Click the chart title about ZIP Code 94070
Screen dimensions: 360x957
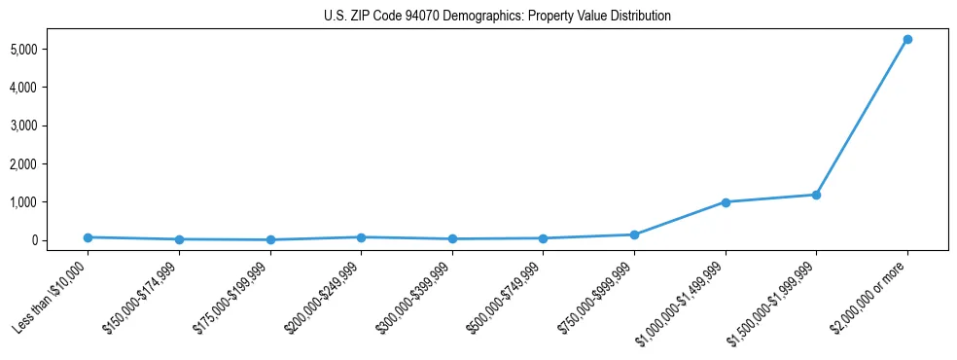point(497,17)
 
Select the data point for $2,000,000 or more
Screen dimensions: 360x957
point(906,39)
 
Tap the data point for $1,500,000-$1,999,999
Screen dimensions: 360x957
point(816,195)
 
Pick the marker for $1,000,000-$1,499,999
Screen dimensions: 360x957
point(725,202)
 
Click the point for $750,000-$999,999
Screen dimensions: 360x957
point(634,234)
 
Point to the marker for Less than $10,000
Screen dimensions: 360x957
point(88,237)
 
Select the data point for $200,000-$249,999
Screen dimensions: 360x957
point(361,237)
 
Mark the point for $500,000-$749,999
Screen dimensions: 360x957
point(543,238)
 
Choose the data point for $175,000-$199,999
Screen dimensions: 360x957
point(270,239)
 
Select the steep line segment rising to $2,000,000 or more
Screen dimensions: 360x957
point(862,117)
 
